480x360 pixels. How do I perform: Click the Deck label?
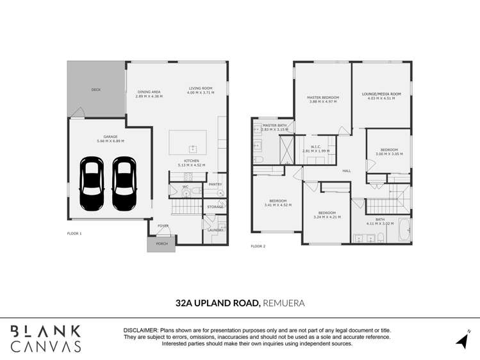point(96,90)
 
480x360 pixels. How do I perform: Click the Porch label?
point(161,243)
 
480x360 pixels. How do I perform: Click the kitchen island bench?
point(188,142)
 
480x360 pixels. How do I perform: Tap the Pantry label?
point(215,184)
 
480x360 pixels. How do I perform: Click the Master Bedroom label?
point(324,97)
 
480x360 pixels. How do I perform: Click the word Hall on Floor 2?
point(347,170)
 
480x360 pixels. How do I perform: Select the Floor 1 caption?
point(74,234)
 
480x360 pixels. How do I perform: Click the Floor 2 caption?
point(258,246)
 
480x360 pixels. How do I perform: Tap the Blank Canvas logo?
point(46,338)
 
